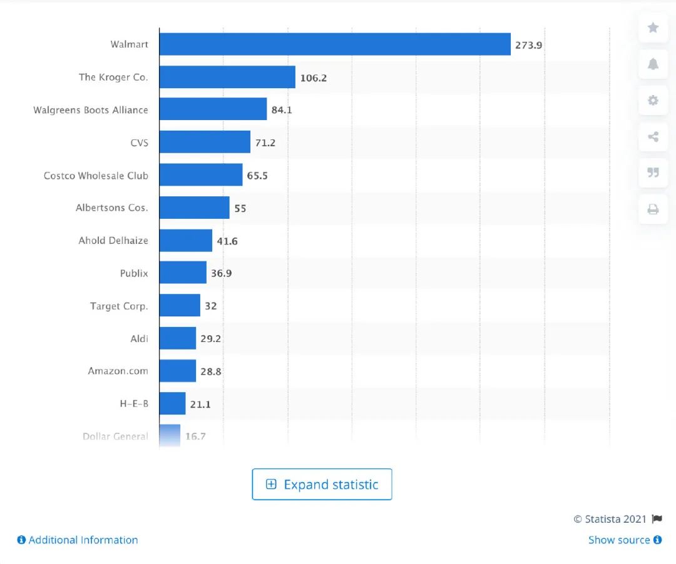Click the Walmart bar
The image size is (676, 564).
click(x=335, y=44)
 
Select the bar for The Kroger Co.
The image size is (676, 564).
click(x=227, y=78)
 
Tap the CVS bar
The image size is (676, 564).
click(x=205, y=143)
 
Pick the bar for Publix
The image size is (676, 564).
click(x=183, y=273)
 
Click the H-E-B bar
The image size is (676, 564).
click(x=172, y=403)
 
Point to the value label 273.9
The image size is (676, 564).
click(x=528, y=45)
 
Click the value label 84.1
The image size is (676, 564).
click(x=282, y=110)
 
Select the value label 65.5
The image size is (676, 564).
click(x=257, y=176)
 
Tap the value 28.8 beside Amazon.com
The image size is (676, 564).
click(x=211, y=371)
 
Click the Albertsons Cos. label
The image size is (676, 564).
click(x=112, y=208)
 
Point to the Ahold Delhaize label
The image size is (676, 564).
click(x=113, y=240)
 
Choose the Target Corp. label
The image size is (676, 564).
click(x=119, y=306)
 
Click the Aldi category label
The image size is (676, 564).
click(x=139, y=338)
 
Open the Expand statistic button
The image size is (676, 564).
click(x=322, y=485)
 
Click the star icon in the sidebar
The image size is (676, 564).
click(x=653, y=28)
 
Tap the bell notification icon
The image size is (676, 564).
click(x=653, y=64)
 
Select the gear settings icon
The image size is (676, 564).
click(x=653, y=101)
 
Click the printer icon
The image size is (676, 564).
click(x=653, y=209)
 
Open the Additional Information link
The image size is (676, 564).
click(x=78, y=540)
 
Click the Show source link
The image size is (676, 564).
click(x=625, y=540)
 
